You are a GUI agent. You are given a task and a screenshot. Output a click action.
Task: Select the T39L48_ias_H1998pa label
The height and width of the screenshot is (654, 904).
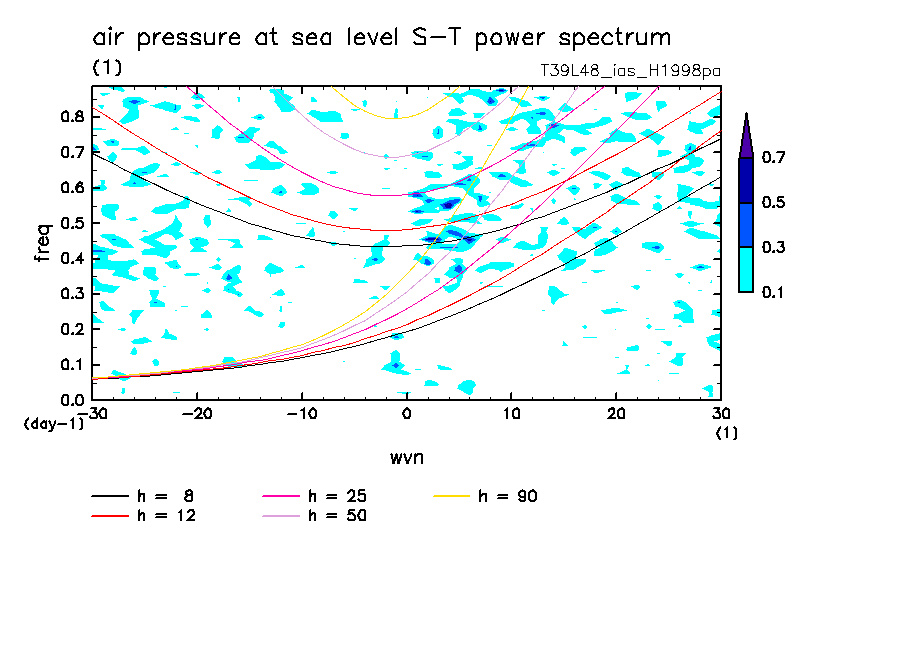point(630,70)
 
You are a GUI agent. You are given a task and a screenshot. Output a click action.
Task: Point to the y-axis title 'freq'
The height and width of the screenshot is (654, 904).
point(43,244)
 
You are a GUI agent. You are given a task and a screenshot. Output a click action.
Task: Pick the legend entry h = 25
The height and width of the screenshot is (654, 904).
point(337,496)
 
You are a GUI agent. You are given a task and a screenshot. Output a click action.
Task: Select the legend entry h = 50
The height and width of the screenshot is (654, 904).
point(337,516)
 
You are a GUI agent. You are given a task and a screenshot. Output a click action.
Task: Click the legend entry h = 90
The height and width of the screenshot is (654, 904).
point(509,496)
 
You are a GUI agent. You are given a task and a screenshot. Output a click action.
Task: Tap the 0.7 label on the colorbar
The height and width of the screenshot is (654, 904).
point(772,158)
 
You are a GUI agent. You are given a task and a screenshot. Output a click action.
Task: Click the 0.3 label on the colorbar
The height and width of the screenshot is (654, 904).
point(772,247)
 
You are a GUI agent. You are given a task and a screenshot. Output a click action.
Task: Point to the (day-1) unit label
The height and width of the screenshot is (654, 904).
point(54,423)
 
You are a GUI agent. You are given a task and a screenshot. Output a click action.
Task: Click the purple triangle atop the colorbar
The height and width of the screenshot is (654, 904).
point(746,136)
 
